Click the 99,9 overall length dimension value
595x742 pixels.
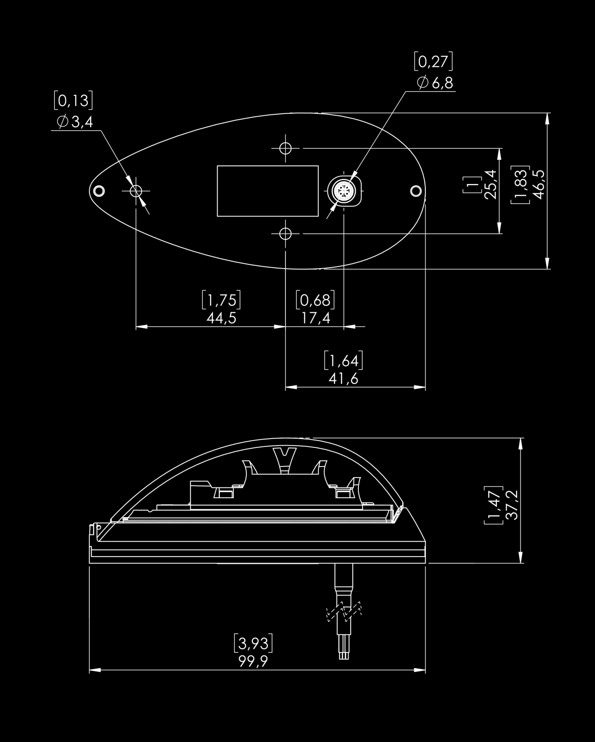(x=253, y=661)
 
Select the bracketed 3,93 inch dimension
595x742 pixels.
(x=253, y=643)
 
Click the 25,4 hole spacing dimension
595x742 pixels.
(x=490, y=184)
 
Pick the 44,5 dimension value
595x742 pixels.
(x=221, y=318)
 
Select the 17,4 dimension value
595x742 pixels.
(x=316, y=318)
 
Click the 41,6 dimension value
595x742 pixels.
(x=344, y=379)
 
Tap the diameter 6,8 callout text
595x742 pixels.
(x=435, y=83)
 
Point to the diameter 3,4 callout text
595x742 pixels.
(x=75, y=122)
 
